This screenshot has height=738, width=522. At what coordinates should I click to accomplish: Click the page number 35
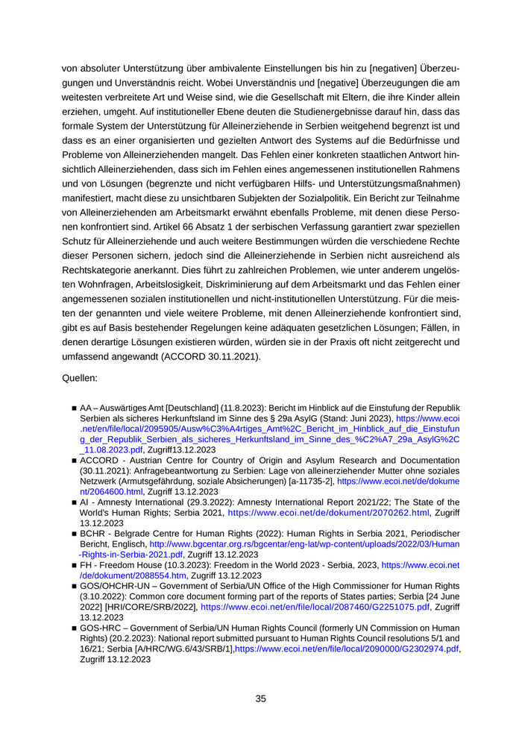pos(261,698)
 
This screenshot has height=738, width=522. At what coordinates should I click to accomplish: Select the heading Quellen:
pos(80,379)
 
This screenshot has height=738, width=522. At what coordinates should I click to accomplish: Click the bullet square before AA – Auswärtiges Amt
pos(75,409)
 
